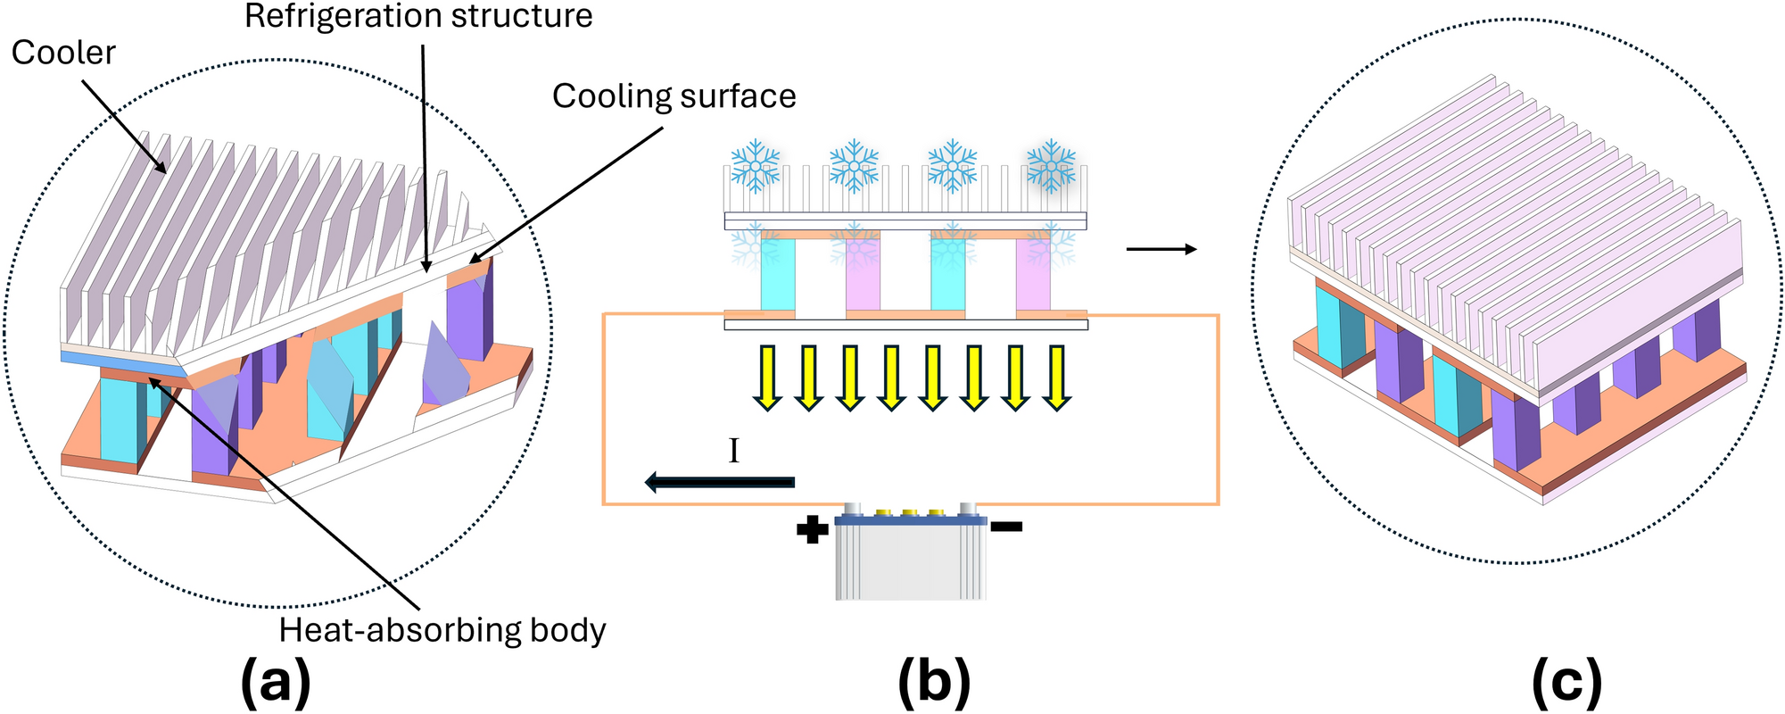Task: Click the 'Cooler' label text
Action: (x=63, y=53)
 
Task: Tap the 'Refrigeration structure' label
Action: (x=418, y=16)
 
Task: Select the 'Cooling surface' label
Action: (x=674, y=96)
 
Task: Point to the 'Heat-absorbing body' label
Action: (x=442, y=630)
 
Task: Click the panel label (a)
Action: (x=276, y=684)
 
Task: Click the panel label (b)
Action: (x=934, y=684)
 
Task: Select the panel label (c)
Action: (x=1566, y=684)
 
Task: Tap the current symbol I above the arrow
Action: (x=733, y=452)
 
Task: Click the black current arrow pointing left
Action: (x=719, y=483)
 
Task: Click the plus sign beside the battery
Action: (x=812, y=531)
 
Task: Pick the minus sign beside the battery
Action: (x=1006, y=527)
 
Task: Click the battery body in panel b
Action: (x=911, y=562)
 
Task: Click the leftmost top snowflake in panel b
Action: (x=756, y=165)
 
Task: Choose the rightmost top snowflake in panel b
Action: (x=1052, y=165)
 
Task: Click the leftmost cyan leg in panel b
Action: (x=777, y=274)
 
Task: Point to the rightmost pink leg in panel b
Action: (x=1033, y=274)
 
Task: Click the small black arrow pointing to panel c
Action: (x=1161, y=250)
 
